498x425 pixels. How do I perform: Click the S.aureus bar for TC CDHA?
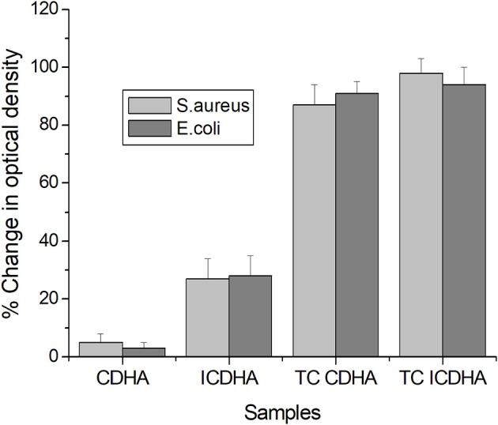tap(314, 230)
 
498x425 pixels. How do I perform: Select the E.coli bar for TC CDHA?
tap(357, 224)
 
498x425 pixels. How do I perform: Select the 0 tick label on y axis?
tap(55, 356)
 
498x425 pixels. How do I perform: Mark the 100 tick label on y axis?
tap(47, 67)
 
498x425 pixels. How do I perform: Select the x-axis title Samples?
tap(282, 412)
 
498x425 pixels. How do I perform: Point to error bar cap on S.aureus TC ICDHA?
tap(421, 58)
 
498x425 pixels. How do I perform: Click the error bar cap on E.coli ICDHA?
tap(250, 255)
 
